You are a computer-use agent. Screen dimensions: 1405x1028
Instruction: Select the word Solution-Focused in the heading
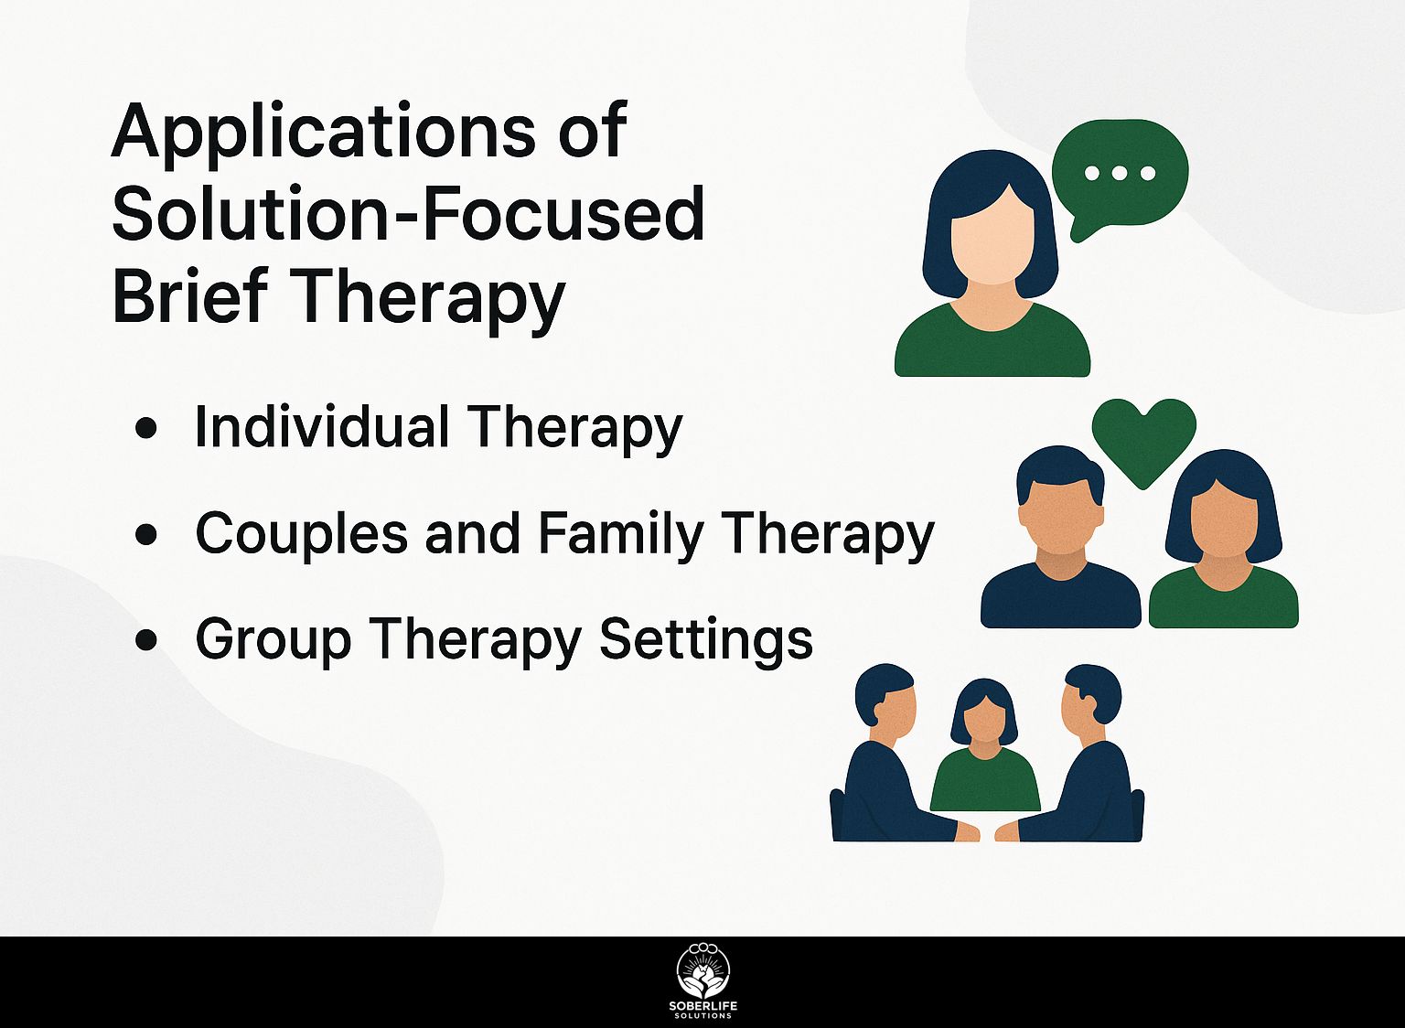408,213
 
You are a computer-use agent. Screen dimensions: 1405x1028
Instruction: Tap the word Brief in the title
190,294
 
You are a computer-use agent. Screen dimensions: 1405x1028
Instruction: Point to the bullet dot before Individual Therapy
145,429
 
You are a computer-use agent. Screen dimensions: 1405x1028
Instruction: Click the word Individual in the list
322,426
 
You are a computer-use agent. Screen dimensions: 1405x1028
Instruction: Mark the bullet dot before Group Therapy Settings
145,640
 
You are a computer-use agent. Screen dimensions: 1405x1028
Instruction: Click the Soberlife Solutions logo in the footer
703,982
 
